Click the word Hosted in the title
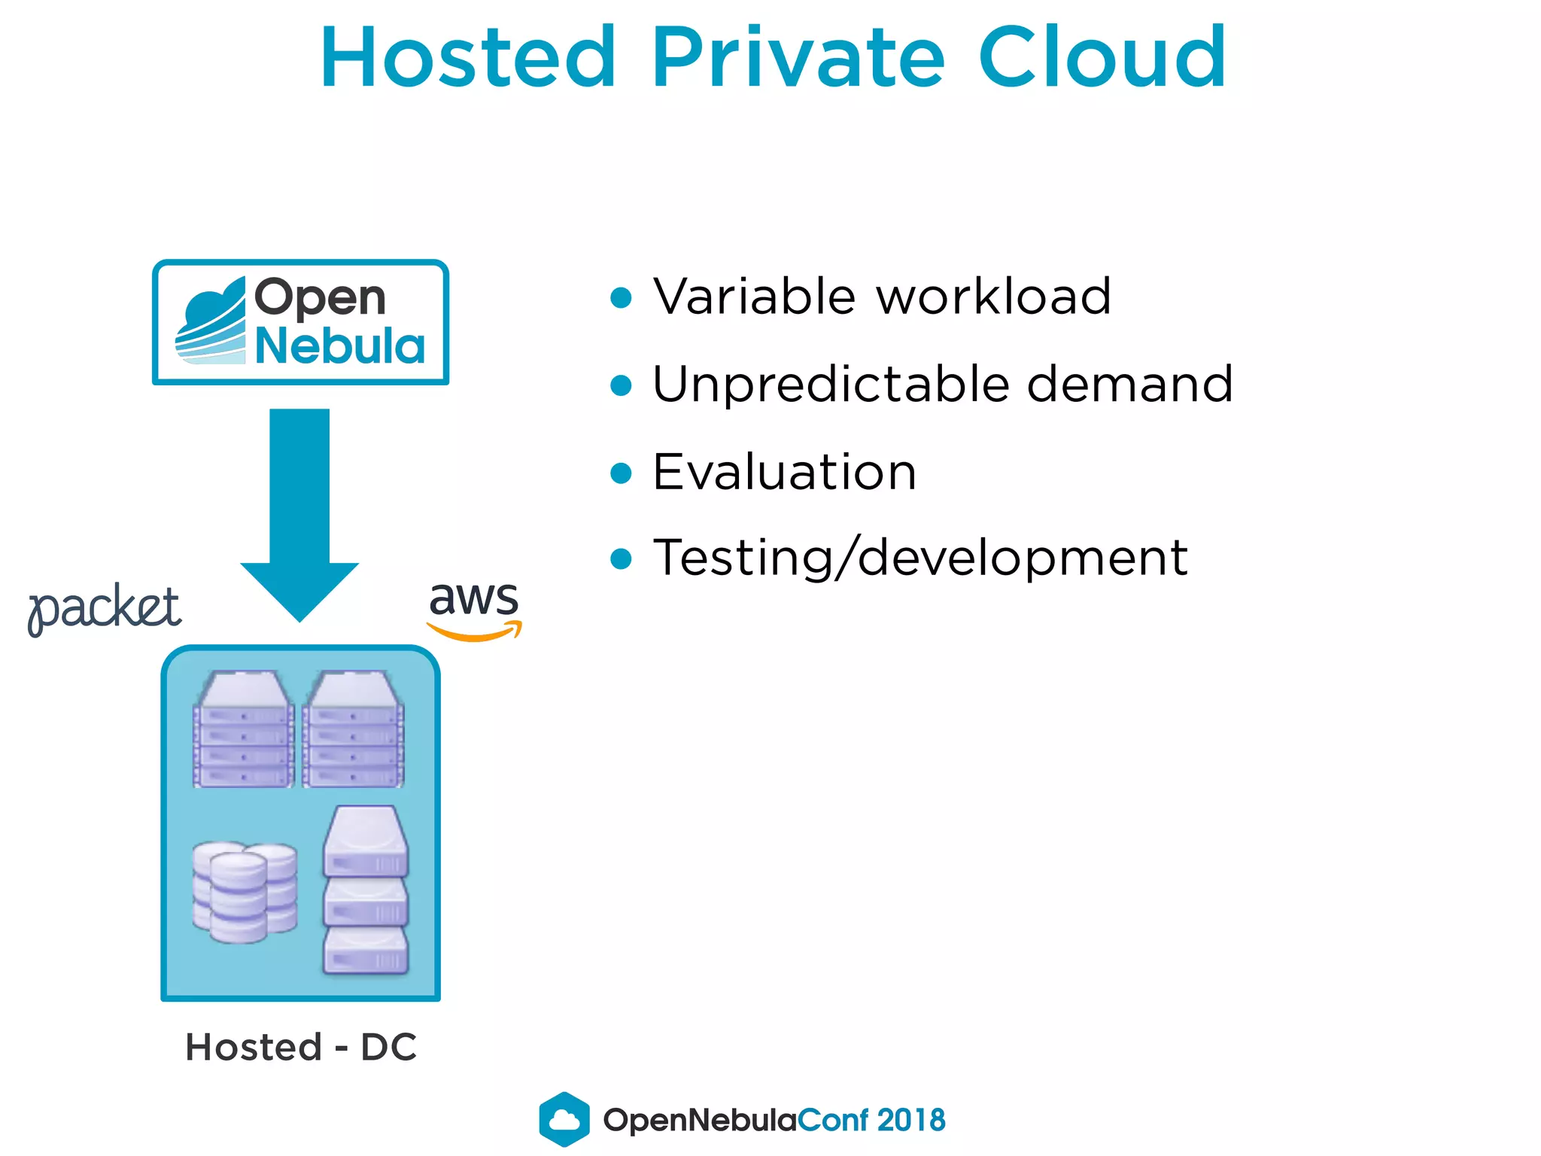click(468, 58)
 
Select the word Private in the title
click(798, 58)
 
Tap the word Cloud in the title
click(1102, 58)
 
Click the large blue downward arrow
click(299, 512)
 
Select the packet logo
click(105, 610)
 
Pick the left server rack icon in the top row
click(243, 730)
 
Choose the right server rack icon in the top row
click(354, 730)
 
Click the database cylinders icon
click(245, 892)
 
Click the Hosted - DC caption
click(301, 1047)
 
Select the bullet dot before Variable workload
click(621, 298)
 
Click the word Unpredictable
click(831, 385)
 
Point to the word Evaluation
click(785, 472)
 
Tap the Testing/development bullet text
click(920, 558)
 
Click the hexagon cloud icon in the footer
click(564, 1119)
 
